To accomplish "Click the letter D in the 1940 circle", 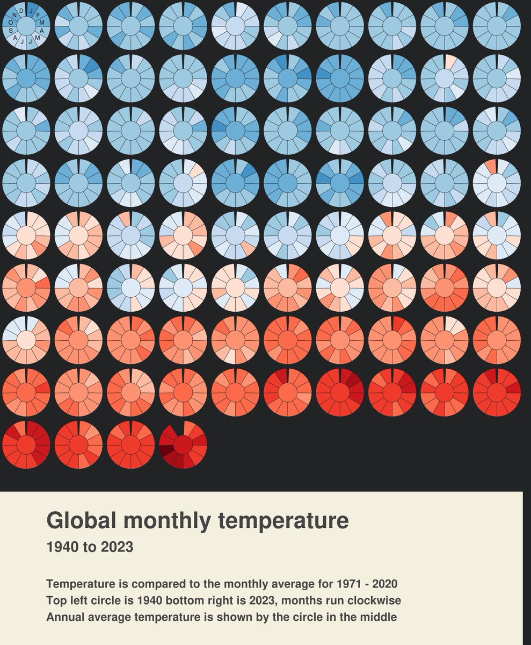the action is pyautogui.click(x=21, y=11).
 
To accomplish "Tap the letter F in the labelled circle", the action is pyautogui.click(x=38, y=15).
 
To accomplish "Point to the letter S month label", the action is pyautogui.click(x=11, y=30).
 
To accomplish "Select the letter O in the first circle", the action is pyautogui.click(x=11, y=22).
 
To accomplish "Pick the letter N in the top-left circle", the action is pyautogui.click(x=14, y=15).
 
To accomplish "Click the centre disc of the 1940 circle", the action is pyautogui.click(x=26, y=26).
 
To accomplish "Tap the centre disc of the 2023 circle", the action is pyautogui.click(x=183, y=445).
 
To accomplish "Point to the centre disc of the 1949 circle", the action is pyautogui.click(x=497, y=26).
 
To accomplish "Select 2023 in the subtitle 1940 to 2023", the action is pyautogui.click(x=117, y=547).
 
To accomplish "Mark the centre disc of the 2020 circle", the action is pyautogui.click(x=26, y=445).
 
